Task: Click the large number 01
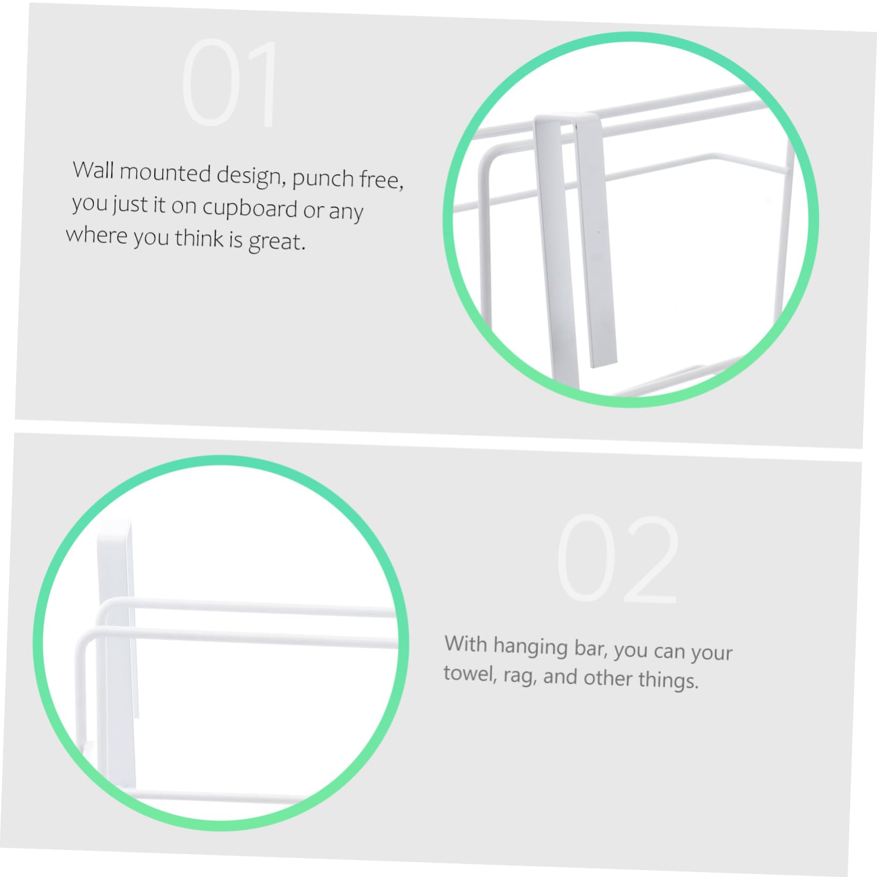tap(229, 83)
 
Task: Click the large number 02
tap(618, 559)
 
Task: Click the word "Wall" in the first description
tap(93, 170)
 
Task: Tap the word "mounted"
tap(165, 173)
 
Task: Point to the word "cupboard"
tap(250, 209)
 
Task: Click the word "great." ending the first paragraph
tap(277, 242)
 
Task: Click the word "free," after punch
tap(381, 180)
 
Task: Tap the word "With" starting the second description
tap(466, 643)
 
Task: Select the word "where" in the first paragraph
tap(97, 234)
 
